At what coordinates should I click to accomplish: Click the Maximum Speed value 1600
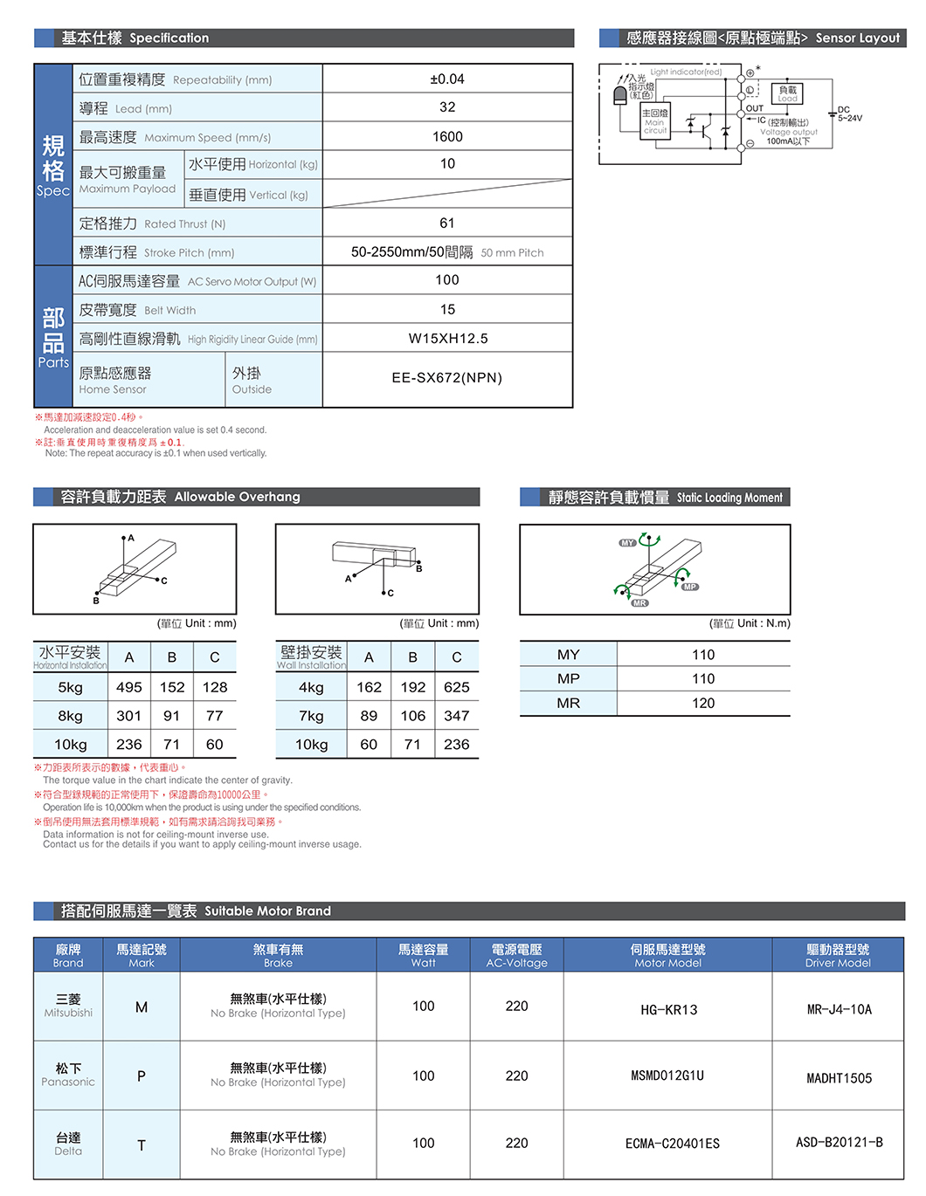click(447, 136)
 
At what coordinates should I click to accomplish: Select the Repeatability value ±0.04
click(447, 79)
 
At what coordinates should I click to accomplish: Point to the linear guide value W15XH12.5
click(448, 339)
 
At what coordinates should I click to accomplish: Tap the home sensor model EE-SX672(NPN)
click(447, 378)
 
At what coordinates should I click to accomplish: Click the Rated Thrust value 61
click(447, 223)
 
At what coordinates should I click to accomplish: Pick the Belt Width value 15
click(447, 310)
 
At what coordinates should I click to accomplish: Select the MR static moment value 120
click(703, 704)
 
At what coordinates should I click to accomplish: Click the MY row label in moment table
click(569, 655)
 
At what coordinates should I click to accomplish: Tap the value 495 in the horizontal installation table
click(129, 688)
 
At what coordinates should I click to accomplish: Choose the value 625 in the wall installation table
click(456, 688)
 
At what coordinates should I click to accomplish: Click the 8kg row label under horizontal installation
click(71, 716)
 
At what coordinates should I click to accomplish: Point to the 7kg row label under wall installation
click(311, 716)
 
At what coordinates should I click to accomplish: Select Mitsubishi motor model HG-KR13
click(668, 1010)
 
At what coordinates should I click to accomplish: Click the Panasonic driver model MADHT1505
click(839, 1078)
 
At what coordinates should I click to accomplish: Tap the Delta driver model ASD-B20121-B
click(839, 1142)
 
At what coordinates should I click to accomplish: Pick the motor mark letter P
click(142, 1076)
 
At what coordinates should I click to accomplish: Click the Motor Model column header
click(668, 955)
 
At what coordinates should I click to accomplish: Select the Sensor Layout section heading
click(762, 38)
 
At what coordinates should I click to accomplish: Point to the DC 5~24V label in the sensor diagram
click(849, 114)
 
